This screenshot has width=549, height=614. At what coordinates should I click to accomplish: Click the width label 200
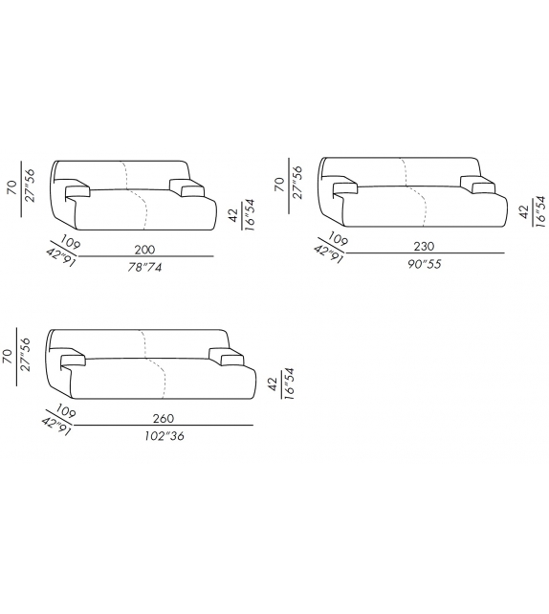(x=144, y=249)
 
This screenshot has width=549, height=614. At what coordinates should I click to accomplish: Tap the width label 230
(x=424, y=246)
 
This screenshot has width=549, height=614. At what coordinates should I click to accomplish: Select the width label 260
(x=164, y=418)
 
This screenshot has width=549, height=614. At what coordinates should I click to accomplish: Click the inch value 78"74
(x=144, y=267)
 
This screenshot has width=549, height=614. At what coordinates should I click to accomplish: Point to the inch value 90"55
(x=424, y=264)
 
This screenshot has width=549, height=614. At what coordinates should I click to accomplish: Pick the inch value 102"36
(x=165, y=436)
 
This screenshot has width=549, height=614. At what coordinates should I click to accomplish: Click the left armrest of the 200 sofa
(x=77, y=191)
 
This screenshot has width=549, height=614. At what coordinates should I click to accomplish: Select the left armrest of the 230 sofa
(x=345, y=188)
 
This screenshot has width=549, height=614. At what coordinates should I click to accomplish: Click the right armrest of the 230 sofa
(x=477, y=185)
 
